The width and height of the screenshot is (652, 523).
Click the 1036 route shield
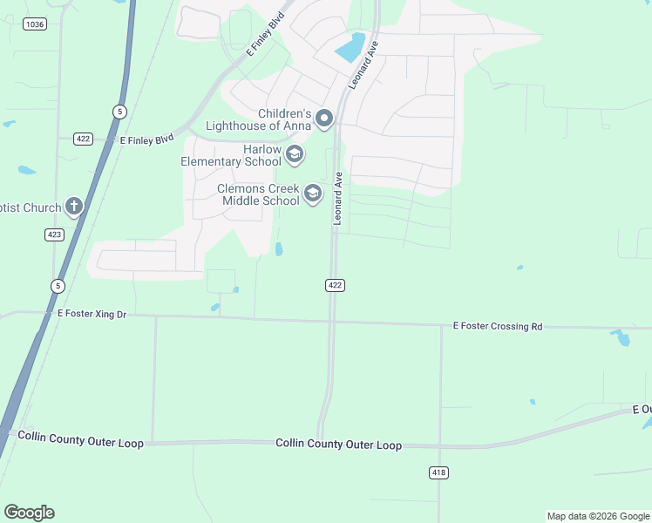coord(35,24)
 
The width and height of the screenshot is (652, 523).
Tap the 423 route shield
coord(54,234)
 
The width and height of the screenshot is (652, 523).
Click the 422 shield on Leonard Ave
coord(336,285)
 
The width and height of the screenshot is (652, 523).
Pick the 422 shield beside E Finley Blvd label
coord(83,139)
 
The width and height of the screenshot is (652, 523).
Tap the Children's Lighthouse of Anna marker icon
coord(324,119)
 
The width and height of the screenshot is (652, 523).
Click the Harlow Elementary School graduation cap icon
coord(295,155)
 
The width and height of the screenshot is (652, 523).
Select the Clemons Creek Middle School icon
coord(312,194)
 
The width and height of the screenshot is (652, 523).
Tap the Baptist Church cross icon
coord(74,207)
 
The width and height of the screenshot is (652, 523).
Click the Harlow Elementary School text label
coord(232,155)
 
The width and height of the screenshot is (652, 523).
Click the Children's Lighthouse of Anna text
coord(259,119)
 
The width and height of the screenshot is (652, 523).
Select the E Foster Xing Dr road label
coord(92,313)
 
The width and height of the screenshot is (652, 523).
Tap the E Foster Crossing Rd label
coord(497,326)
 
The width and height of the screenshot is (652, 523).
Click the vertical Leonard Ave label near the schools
coord(338,199)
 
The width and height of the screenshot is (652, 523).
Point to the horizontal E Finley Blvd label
coord(147,139)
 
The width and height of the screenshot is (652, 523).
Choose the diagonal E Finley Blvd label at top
coord(265,36)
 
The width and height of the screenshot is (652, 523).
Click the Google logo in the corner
coord(29,513)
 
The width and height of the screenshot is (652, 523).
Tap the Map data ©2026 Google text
coord(598,516)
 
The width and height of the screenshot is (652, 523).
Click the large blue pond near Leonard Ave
coord(350,47)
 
